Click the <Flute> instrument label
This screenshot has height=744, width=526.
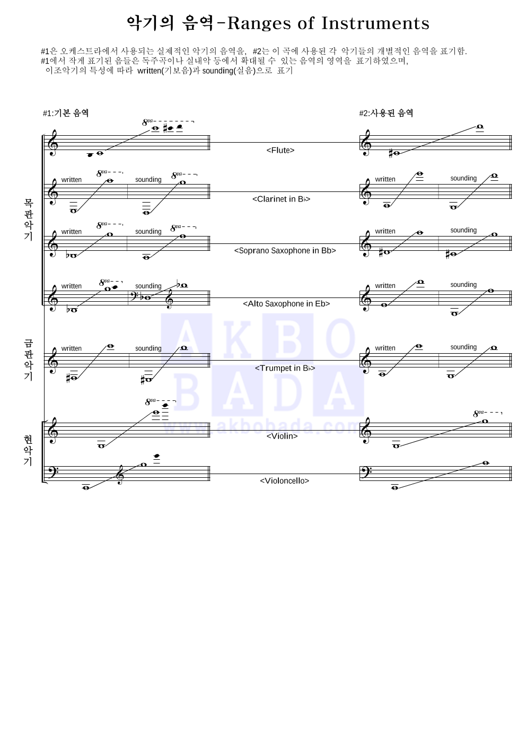tap(280, 151)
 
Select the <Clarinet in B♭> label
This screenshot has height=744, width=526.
tap(281, 199)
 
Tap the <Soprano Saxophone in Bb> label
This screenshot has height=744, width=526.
tap(285, 250)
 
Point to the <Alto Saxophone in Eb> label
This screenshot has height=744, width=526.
tap(286, 303)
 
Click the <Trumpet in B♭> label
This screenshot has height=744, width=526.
tap(285, 368)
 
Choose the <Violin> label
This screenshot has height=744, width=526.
tap(282, 436)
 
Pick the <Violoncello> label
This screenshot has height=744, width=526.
tap(284, 480)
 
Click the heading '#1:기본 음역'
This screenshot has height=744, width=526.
tap(66, 113)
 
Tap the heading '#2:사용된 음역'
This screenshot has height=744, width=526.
tap(386, 113)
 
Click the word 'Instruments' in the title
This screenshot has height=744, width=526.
tap(375, 23)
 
